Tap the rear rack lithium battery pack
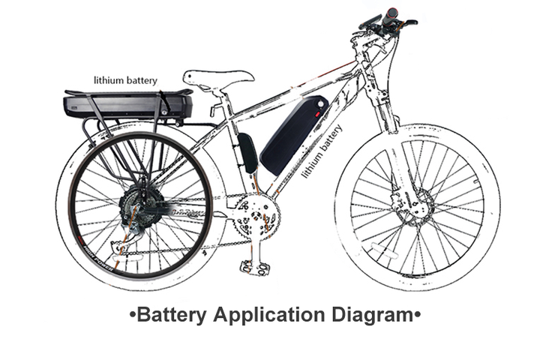(x=127, y=104)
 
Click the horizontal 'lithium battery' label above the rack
(x=125, y=79)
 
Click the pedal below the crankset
(x=254, y=265)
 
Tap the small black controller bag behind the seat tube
(x=247, y=152)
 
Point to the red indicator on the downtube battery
(x=317, y=114)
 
